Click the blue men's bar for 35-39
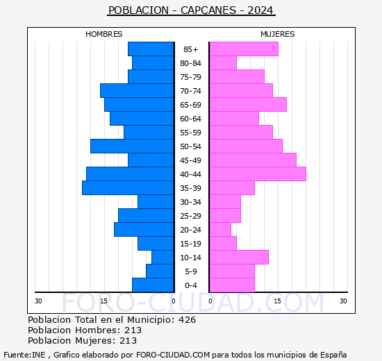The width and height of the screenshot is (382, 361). (128, 188)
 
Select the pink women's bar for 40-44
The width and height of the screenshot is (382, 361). (258, 174)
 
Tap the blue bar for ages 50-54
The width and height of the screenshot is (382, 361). (132, 146)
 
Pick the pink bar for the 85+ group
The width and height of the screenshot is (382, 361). (244, 49)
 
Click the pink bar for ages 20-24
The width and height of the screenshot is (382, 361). (220, 230)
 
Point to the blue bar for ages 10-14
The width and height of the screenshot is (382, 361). (163, 258)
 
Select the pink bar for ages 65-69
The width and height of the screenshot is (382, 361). (248, 105)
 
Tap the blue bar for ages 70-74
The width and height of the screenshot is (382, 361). (137, 91)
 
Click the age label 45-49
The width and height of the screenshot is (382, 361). (190, 160)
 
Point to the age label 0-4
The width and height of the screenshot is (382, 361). (191, 285)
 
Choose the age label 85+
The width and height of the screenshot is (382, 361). (191, 49)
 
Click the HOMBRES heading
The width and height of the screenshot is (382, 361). (103, 34)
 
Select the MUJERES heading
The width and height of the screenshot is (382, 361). (278, 34)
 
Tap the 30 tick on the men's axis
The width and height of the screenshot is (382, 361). (38, 301)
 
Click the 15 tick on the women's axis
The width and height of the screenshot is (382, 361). (278, 301)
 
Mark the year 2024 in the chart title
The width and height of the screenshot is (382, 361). (260, 10)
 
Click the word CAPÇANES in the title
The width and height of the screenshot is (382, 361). (208, 10)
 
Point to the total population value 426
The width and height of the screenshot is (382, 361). (187, 319)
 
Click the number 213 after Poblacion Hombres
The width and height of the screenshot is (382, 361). (133, 330)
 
